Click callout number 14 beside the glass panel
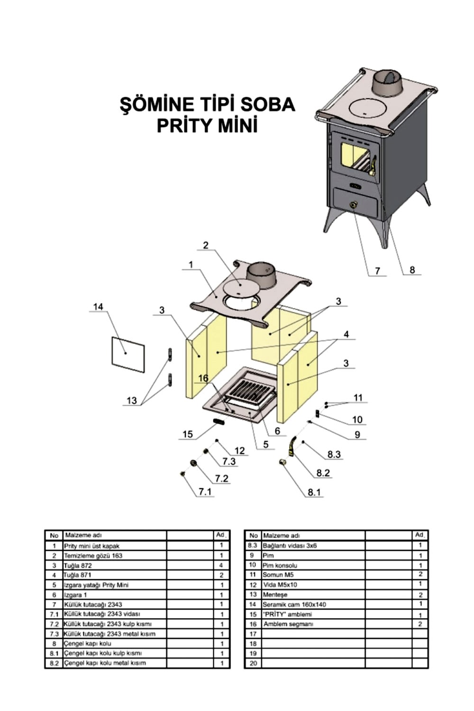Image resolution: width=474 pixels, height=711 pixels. click(98, 307)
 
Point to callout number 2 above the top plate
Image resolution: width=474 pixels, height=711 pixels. click(206, 246)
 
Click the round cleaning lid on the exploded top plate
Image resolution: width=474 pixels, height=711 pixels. click(239, 286)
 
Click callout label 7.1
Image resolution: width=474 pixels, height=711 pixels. click(205, 492)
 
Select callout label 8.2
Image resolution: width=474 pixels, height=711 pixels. click(323, 473)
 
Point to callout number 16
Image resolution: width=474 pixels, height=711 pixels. click(203, 378)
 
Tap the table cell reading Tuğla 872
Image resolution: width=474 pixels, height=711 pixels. click(78, 565)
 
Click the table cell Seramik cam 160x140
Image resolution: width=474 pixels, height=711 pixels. click(294, 604)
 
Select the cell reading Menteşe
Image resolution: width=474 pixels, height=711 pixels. click(275, 594)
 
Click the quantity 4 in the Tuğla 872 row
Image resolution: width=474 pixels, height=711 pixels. click(221, 565)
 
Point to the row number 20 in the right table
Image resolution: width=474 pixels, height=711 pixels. click(253, 663)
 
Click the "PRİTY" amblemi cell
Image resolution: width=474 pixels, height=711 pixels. click(287, 614)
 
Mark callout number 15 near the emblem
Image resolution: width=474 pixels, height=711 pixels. click(188, 434)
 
